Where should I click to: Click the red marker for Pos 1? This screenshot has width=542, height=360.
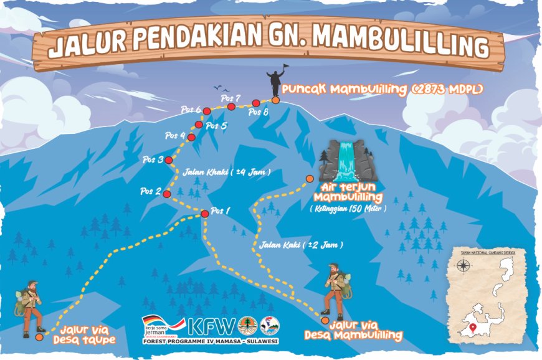(x=204, y=214)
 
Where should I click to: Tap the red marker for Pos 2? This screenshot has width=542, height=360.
(x=167, y=194)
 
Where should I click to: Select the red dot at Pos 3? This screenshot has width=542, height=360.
(x=169, y=160)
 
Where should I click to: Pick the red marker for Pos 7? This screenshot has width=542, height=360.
(x=231, y=107)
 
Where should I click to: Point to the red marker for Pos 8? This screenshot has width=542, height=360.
(x=255, y=103)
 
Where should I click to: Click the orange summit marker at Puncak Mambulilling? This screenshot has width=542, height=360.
(x=275, y=100)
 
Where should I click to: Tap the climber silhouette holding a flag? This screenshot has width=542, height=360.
(x=274, y=81)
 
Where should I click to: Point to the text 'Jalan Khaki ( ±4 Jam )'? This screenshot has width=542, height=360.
(x=227, y=172)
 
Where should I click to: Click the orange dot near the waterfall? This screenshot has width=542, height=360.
(x=310, y=179)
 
